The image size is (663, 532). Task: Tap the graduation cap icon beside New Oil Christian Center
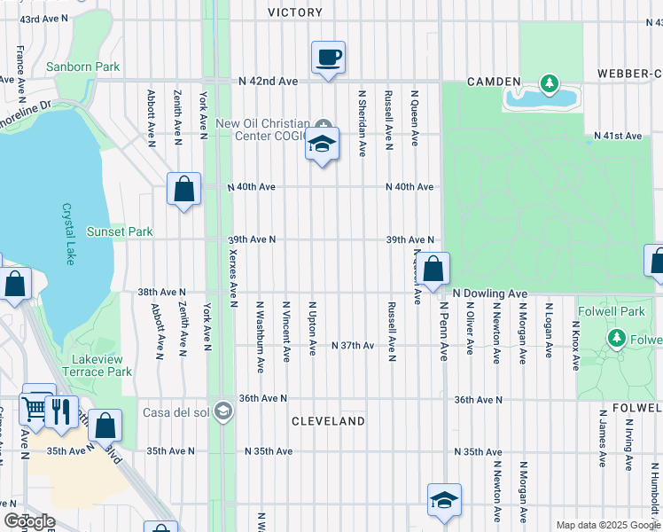click(x=322, y=143)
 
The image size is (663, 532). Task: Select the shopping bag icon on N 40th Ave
click(x=183, y=189)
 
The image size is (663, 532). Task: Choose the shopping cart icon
click(x=35, y=410)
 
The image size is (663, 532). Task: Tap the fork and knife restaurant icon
click(x=61, y=412)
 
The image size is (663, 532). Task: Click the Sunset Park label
click(x=120, y=232)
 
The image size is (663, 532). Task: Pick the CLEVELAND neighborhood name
click(x=328, y=421)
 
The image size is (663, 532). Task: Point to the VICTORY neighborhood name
click(x=295, y=12)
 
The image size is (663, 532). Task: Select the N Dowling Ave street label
click(x=490, y=293)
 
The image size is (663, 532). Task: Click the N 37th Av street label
click(x=352, y=345)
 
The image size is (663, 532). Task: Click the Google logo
click(x=29, y=521)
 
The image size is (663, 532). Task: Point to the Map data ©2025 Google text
click(x=607, y=525)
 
